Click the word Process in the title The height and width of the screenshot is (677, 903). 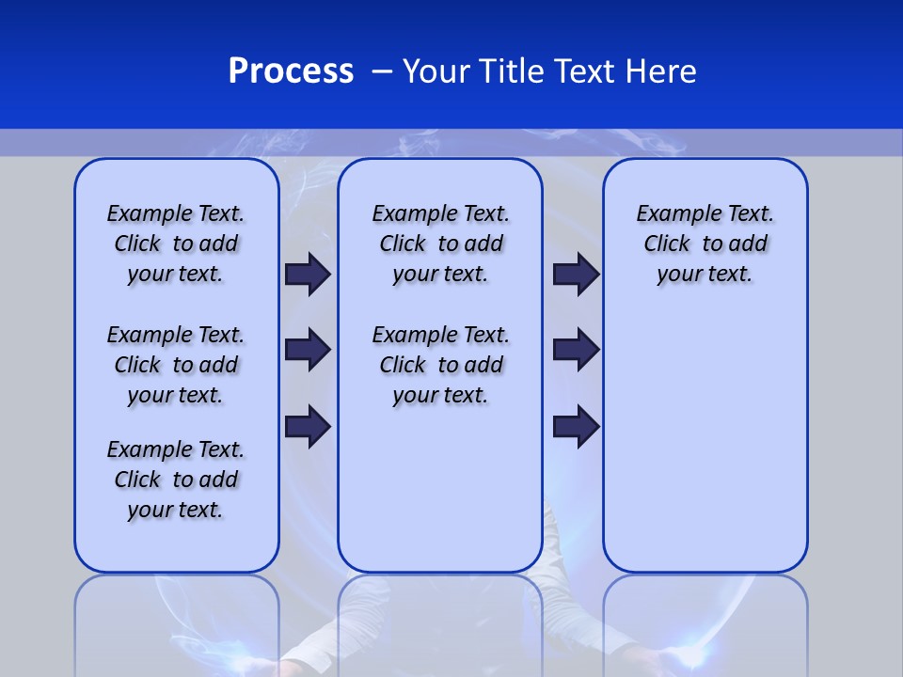click(291, 71)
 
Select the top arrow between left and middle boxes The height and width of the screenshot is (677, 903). click(308, 274)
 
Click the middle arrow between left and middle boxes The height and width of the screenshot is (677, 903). click(308, 350)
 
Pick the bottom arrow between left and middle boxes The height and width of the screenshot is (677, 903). click(308, 426)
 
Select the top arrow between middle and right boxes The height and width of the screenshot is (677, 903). click(576, 274)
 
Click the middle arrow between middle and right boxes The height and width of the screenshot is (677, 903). click(576, 350)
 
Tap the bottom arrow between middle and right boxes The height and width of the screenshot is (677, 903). click(576, 426)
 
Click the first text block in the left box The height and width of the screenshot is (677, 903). click(176, 244)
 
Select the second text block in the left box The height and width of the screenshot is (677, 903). click(176, 365)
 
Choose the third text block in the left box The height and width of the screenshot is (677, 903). click(176, 480)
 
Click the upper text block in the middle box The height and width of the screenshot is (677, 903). click(440, 244)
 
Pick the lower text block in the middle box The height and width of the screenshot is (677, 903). click(440, 365)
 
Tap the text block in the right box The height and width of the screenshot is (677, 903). click(705, 244)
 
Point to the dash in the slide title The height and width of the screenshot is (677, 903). click(382, 71)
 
